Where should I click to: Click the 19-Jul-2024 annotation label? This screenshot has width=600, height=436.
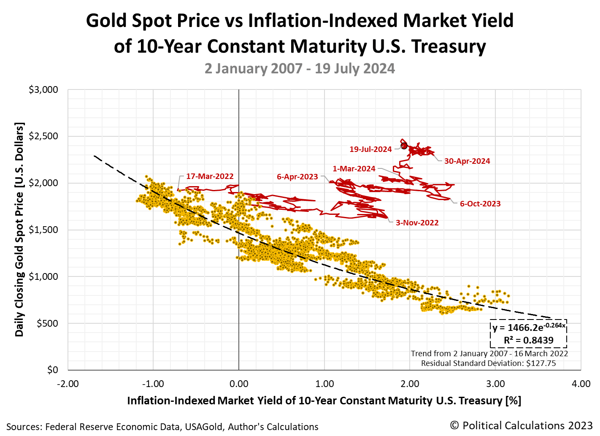tap(370, 149)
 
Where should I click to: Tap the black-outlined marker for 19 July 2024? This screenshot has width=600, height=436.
tap(404, 146)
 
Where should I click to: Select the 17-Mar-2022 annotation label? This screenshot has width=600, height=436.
tap(210, 176)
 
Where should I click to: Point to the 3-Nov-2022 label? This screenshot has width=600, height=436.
tap(417, 222)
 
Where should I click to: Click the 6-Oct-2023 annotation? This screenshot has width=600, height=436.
tap(480, 203)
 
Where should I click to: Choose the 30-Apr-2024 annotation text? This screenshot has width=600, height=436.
tap(467, 161)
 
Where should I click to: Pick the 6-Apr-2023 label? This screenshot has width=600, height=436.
tap(297, 176)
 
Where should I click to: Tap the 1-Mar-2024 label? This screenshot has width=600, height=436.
tap(354, 168)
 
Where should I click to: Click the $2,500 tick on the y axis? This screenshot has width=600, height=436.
tap(43, 136)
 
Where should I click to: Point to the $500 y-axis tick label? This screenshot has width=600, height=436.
tap(47, 323)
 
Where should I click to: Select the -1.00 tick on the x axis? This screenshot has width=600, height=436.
tap(153, 384)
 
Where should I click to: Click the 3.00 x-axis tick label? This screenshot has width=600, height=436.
tap(495, 384)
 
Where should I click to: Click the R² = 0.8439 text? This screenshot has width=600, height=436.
tap(528, 340)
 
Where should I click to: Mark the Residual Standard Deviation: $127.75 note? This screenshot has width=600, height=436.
tap(488, 363)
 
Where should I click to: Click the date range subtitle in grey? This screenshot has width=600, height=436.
tap(300, 68)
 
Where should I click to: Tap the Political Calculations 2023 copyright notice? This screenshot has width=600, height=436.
tap(521, 425)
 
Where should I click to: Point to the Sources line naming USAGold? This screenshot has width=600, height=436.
tap(162, 427)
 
